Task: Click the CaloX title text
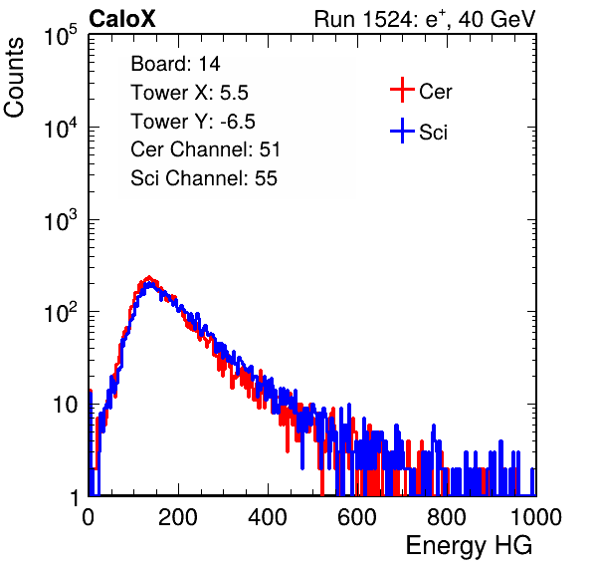(122, 19)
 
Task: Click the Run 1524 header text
(425, 19)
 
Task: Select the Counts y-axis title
(14, 78)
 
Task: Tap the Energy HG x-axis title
(469, 546)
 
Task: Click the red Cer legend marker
(402, 90)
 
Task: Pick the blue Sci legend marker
(402, 131)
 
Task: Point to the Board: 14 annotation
(175, 64)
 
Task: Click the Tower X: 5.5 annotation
(189, 93)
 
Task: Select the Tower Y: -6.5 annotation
(193, 122)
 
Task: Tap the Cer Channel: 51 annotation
(205, 149)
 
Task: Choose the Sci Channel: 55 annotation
(204, 178)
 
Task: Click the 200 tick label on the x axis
(178, 517)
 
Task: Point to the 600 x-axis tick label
(357, 517)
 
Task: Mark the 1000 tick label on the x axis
(536, 517)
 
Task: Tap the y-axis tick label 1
(75, 497)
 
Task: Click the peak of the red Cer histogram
(149, 276)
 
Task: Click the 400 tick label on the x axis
(268, 517)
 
